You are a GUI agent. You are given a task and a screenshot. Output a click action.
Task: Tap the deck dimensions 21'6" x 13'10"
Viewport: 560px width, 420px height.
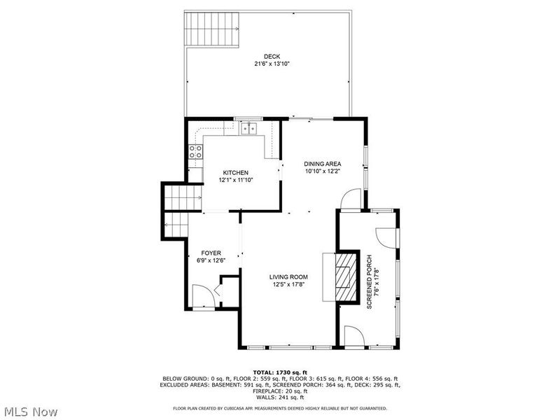pyautogui.click(x=272, y=64)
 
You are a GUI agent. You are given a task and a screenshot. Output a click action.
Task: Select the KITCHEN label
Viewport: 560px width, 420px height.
pyautogui.click(x=236, y=173)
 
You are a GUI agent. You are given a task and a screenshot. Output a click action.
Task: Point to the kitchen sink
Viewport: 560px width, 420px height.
pyautogui.click(x=248, y=128)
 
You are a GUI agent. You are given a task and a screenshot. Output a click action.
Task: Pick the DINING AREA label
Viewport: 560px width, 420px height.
pyautogui.click(x=322, y=164)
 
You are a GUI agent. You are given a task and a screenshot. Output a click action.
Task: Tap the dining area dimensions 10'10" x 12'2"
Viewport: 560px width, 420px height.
pyautogui.click(x=322, y=171)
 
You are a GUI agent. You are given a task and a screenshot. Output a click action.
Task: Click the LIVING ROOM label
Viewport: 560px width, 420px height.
pyautogui.click(x=289, y=277)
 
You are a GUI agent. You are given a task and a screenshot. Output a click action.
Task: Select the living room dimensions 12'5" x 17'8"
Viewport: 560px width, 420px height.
pyautogui.click(x=289, y=284)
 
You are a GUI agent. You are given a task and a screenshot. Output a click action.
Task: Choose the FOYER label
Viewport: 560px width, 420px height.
pyautogui.click(x=211, y=253)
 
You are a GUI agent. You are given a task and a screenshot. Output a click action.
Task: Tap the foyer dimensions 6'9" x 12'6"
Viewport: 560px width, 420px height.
pyautogui.click(x=211, y=260)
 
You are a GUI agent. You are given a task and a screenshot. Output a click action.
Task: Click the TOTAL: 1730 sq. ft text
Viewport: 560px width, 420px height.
pyautogui.click(x=280, y=372)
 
